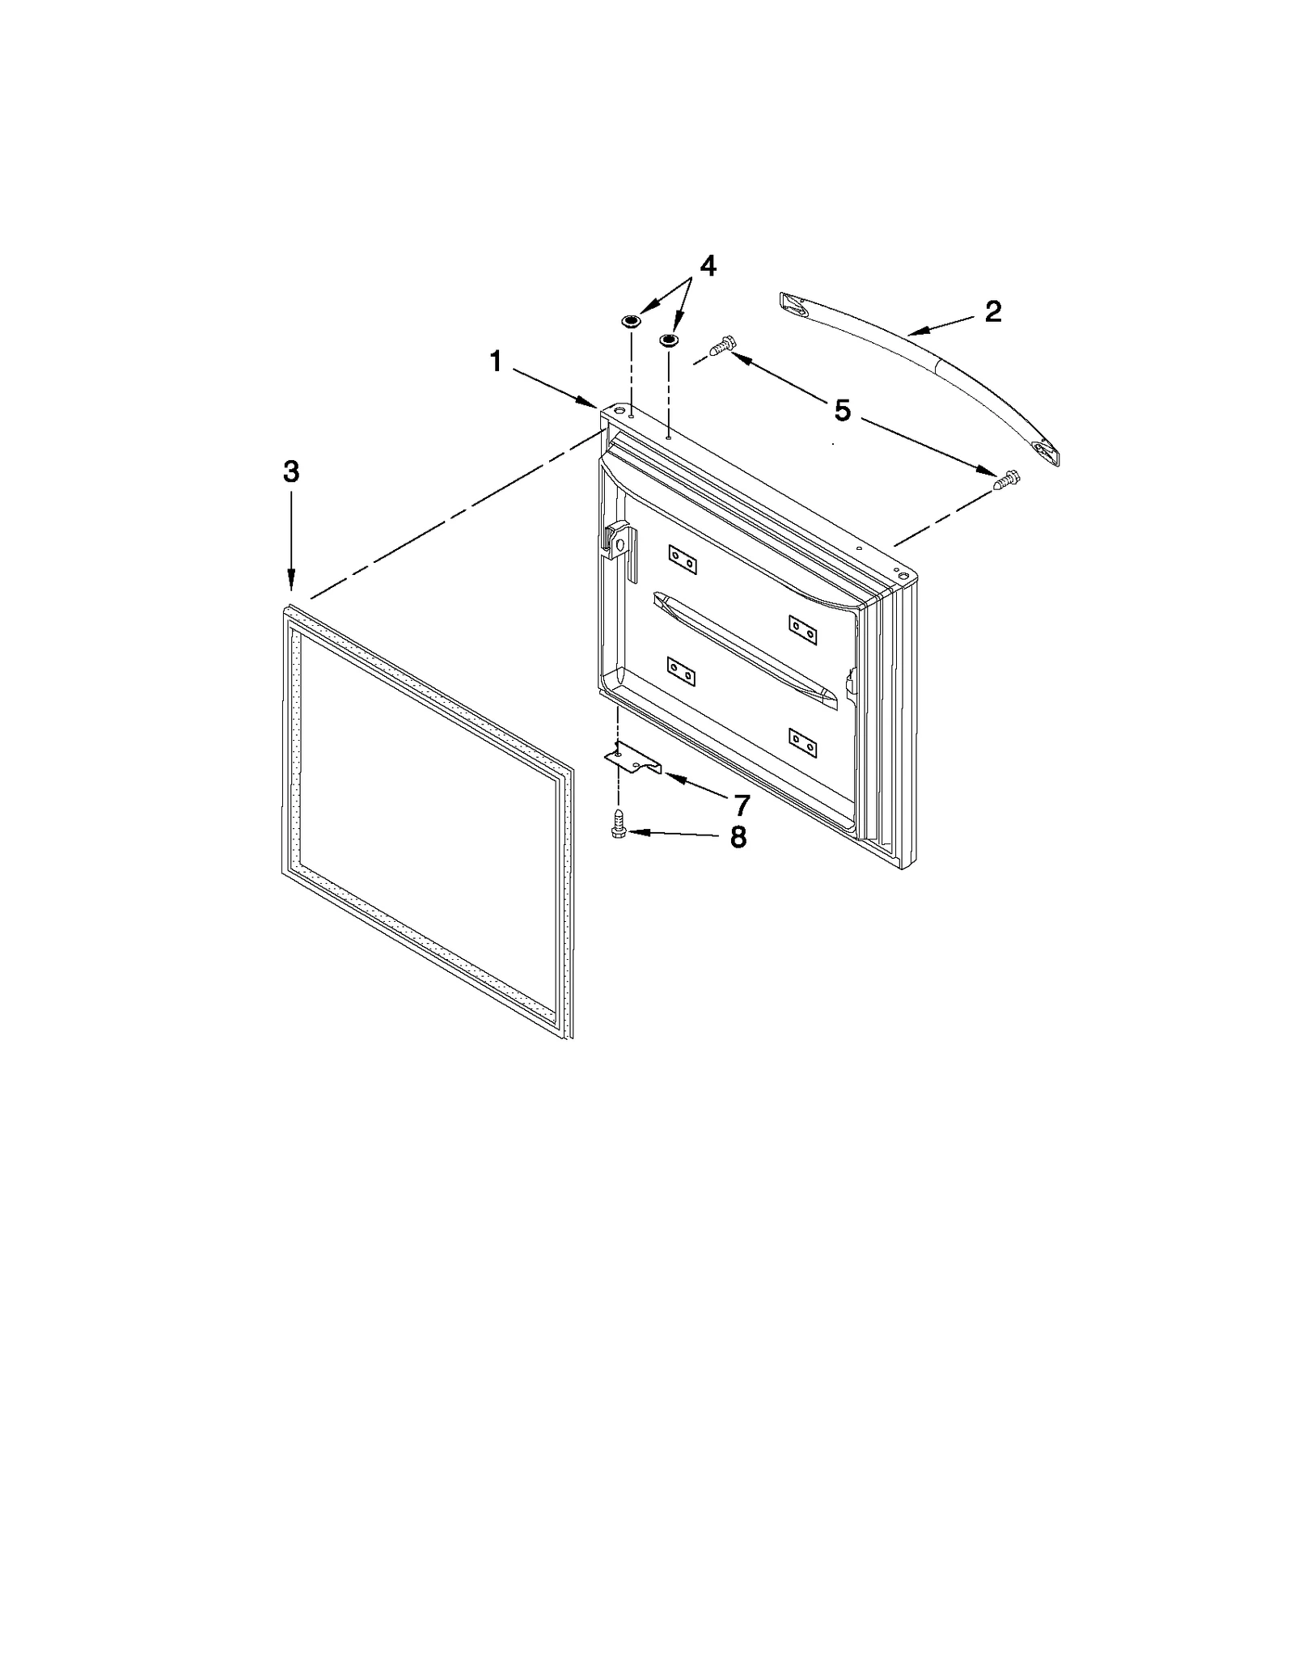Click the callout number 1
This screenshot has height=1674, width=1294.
pos(496,361)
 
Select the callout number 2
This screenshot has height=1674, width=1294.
pos(992,311)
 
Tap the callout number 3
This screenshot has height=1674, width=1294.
pos(291,471)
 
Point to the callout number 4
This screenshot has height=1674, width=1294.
pos(707,266)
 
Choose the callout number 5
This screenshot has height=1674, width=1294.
pos(842,411)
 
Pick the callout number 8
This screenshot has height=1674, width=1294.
pos(738,837)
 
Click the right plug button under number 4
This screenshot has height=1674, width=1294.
pos(669,340)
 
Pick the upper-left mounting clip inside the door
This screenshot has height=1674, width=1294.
pos(682,559)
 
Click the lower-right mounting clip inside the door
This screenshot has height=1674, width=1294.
pos(803,743)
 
